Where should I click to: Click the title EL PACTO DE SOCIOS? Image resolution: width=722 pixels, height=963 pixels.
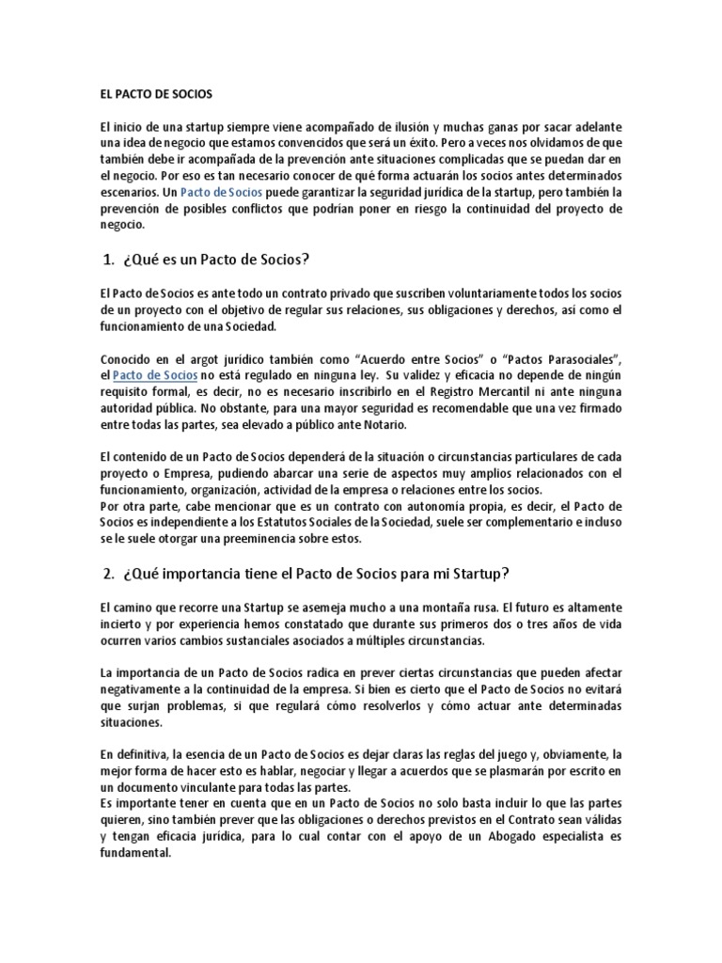pyautogui.click(x=157, y=95)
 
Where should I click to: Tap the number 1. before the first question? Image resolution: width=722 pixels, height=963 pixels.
pyautogui.click(x=107, y=260)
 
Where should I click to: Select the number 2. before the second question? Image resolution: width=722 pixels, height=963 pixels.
pyautogui.click(x=107, y=573)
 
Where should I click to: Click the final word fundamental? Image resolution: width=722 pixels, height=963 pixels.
pyautogui.click(x=134, y=853)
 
